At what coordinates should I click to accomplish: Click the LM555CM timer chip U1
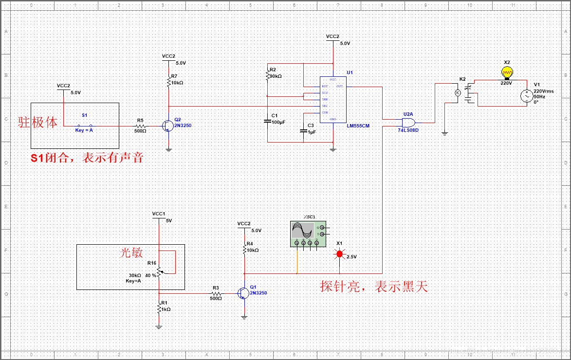(x=332, y=99)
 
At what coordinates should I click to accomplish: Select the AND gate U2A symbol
(x=408, y=122)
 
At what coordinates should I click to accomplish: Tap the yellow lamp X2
(x=507, y=72)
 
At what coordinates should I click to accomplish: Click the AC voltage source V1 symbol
(x=526, y=96)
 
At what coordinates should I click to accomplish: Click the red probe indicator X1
(x=340, y=254)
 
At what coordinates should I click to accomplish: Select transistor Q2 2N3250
(x=168, y=126)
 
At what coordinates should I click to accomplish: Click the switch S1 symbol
(x=85, y=126)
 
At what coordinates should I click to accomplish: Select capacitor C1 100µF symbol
(x=267, y=120)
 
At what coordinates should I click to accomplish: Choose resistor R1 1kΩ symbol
(x=159, y=308)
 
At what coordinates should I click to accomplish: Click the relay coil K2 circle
(x=457, y=92)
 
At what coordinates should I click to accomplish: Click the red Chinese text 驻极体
(x=38, y=122)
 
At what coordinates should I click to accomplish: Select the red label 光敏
(x=131, y=252)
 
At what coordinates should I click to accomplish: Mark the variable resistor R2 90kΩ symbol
(x=267, y=75)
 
